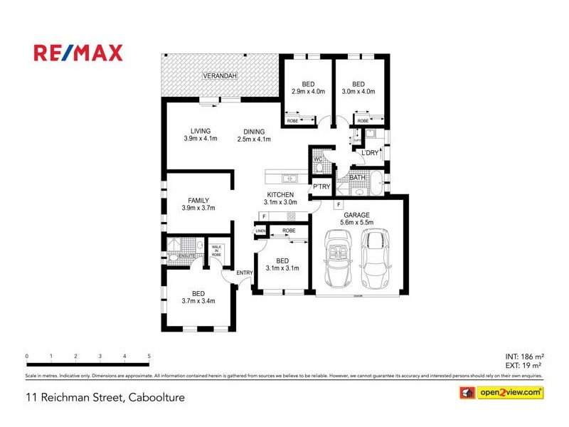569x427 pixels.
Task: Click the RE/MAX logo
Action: (x=78, y=53)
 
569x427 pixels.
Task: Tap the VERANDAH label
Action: (x=219, y=75)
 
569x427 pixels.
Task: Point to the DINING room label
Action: (x=254, y=132)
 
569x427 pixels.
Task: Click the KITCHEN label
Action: (x=280, y=194)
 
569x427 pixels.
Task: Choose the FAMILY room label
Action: (x=198, y=200)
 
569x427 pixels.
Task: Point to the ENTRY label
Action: (x=245, y=273)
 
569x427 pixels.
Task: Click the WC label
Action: (x=319, y=159)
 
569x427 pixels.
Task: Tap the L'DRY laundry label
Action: (x=370, y=154)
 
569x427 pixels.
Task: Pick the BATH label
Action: (x=367, y=177)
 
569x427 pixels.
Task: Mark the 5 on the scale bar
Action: (x=149, y=356)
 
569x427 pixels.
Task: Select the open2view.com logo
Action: (x=502, y=392)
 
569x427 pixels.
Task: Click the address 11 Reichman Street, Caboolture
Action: (x=105, y=398)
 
